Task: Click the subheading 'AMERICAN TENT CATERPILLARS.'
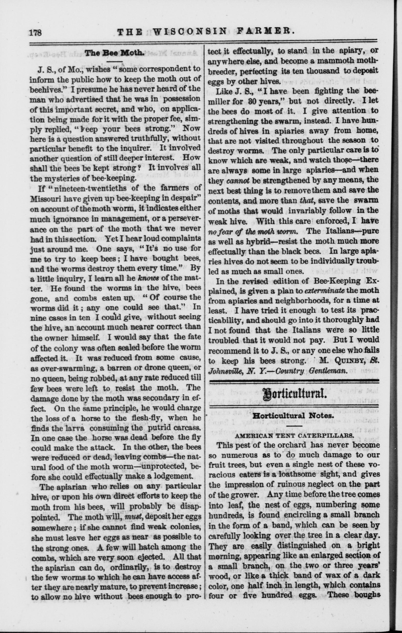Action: coord(293,435)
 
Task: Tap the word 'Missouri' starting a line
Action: coord(49,199)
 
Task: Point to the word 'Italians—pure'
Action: coord(349,231)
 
